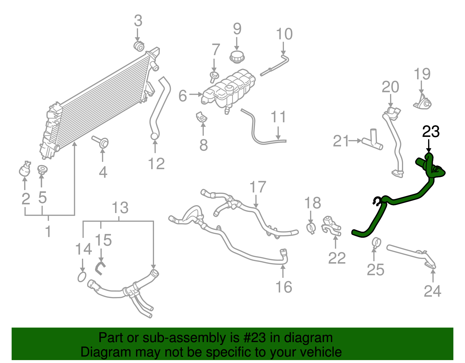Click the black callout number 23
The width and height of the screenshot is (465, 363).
(431, 132)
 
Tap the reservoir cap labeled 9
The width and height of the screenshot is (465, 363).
(237, 56)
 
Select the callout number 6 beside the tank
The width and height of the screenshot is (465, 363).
(183, 96)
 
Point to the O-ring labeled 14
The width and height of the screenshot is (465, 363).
(82, 277)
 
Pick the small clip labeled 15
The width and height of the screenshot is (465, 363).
(100, 268)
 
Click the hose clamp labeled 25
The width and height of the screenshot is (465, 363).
(376, 242)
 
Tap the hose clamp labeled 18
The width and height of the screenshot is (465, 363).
(311, 228)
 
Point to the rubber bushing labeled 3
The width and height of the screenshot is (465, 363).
(139, 46)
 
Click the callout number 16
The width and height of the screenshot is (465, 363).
(284, 287)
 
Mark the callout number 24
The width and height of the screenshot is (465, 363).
(432, 291)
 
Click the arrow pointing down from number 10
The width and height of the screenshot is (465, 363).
(284, 48)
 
